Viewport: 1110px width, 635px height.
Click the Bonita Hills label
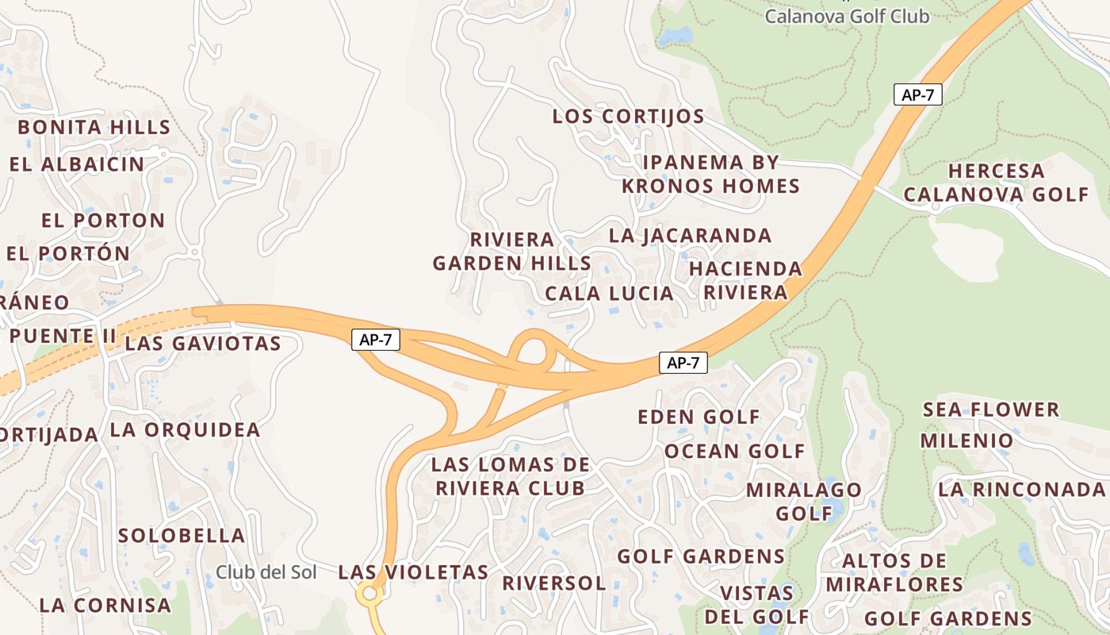[x=94, y=127]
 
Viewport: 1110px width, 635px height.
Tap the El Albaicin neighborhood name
[x=77, y=164]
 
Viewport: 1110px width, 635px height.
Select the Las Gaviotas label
[x=203, y=344]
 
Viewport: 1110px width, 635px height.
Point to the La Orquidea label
[x=185, y=430]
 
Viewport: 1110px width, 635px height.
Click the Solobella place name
[x=182, y=536]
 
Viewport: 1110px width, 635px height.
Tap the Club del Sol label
[x=266, y=572]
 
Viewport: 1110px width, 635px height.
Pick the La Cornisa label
[x=105, y=605]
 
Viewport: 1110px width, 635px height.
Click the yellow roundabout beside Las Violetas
[x=369, y=592]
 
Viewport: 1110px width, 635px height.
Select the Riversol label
[x=554, y=583]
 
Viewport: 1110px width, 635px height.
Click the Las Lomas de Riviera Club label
[x=511, y=476]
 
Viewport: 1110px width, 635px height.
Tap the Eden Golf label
[x=699, y=417]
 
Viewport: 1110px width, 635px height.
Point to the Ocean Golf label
[x=734, y=452]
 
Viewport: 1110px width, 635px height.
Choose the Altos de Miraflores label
[x=894, y=573]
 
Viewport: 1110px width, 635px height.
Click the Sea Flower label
[x=991, y=410]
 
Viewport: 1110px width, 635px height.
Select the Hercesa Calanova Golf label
[x=997, y=183]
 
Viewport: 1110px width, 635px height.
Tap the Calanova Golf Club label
[x=847, y=16]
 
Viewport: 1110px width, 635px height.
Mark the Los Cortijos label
[x=628, y=117]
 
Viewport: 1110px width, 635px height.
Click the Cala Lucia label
[x=609, y=294]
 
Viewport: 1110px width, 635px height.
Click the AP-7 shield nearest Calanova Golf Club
[x=918, y=94]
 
